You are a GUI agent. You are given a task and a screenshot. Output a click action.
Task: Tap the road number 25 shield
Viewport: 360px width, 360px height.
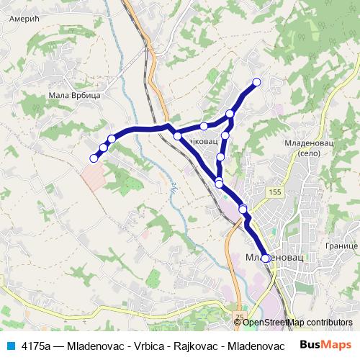239,316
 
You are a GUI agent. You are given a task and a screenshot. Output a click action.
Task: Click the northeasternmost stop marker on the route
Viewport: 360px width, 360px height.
256,82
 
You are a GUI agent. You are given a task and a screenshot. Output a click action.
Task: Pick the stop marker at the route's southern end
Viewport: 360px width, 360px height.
266,258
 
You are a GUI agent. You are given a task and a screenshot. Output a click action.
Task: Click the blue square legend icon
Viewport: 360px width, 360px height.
9,346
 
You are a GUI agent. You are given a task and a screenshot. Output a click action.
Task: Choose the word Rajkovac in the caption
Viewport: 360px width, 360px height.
194,346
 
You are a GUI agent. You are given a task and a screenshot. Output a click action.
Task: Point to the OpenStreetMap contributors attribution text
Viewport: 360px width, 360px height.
297,322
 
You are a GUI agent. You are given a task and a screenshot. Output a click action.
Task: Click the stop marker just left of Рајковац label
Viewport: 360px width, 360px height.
177,135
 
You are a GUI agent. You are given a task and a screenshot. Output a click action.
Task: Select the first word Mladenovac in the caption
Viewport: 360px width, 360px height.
92,346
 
